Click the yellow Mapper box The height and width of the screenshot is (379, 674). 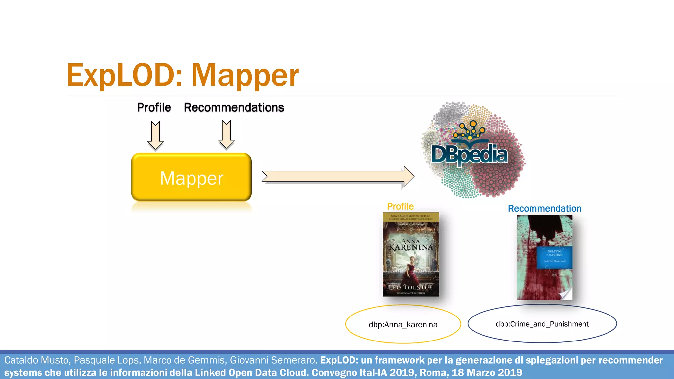[x=192, y=177]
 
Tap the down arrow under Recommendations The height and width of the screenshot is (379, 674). [x=226, y=135]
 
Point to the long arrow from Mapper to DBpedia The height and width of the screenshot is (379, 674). [x=338, y=176]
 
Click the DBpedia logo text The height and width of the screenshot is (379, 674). [x=470, y=155]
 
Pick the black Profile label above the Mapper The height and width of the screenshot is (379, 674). [x=154, y=107]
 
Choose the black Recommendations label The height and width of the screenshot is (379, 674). [x=234, y=107]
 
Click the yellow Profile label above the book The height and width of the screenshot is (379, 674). [x=400, y=206]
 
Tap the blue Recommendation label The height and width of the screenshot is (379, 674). [x=545, y=208]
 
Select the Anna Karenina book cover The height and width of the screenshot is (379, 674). [x=411, y=254]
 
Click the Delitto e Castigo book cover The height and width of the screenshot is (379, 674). [x=545, y=258]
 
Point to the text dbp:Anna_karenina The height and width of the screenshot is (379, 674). [x=403, y=325]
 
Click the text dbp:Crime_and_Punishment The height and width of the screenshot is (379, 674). [x=542, y=324]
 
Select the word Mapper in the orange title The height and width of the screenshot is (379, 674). [x=245, y=76]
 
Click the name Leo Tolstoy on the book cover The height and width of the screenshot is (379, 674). [x=411, y=287]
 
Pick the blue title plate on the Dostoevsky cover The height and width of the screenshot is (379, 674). [x=555, y=257]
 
